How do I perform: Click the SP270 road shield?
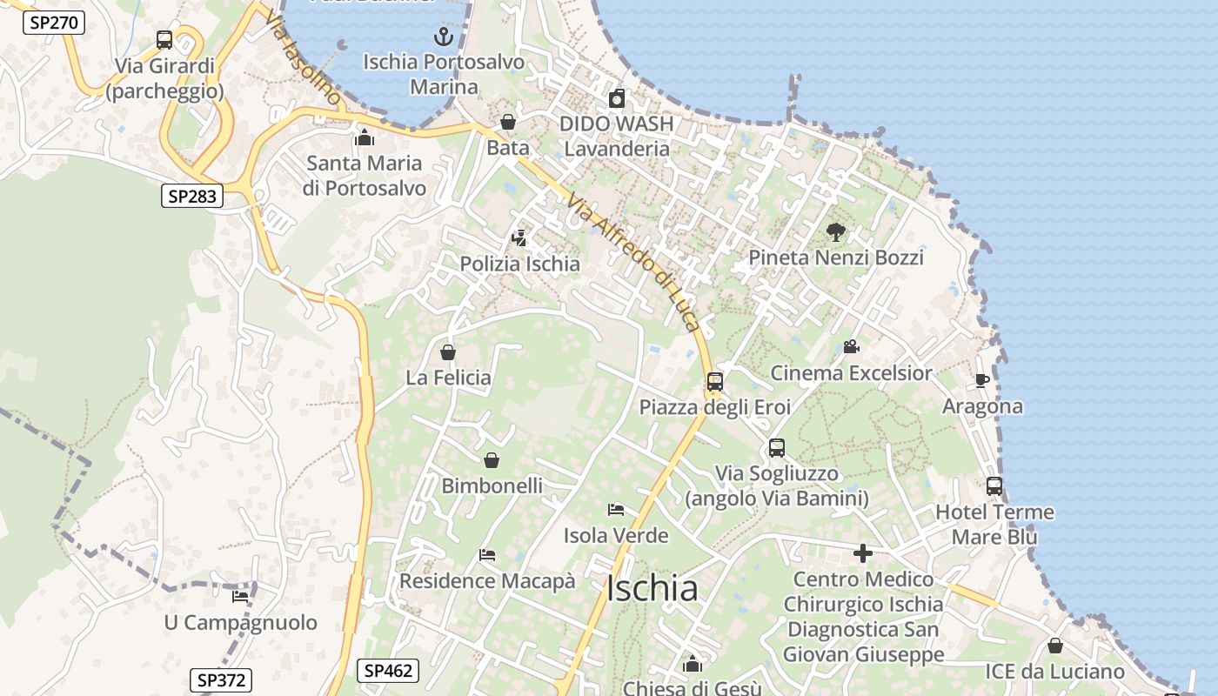point(53,23)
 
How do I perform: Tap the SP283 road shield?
point(191,196)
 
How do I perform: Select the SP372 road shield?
point(220,680)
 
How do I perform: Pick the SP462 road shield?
point(388,671)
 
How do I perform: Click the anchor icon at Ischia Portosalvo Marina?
point(444,37)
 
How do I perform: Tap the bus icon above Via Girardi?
point(164,40)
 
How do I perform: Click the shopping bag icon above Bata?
point(508,122)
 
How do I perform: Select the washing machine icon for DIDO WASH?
point(617,98)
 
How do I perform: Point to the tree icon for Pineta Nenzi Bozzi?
point(836,232)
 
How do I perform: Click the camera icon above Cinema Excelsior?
point(851,347)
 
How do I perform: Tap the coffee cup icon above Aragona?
point(982,380)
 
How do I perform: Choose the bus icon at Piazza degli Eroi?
point(715,381)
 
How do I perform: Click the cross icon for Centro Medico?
point(863,553)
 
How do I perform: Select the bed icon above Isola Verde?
point(616,510)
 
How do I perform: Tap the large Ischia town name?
point(652,589)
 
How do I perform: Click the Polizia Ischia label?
point(519,264)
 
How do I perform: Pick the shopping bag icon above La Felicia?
point(448,352)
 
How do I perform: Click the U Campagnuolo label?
point(241,623)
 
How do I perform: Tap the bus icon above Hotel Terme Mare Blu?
point(994,486)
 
